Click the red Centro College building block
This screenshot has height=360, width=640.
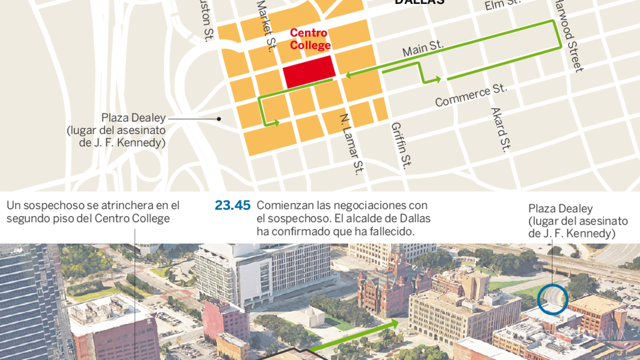[309, 71]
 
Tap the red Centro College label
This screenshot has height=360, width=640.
[309, 39]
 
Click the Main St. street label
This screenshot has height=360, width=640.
[423, 48]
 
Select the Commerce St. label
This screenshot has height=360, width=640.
[471, 95]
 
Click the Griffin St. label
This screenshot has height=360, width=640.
[401, 146]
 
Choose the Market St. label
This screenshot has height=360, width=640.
[266, 25]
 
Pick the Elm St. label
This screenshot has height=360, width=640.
[502, 4]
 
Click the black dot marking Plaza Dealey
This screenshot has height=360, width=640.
[219, 118]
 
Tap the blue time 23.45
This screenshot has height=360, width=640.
[233, 206]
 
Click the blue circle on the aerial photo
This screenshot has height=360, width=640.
[553, 299]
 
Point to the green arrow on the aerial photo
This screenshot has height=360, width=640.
[356, 336]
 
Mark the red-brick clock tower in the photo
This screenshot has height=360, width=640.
[398, 264]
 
